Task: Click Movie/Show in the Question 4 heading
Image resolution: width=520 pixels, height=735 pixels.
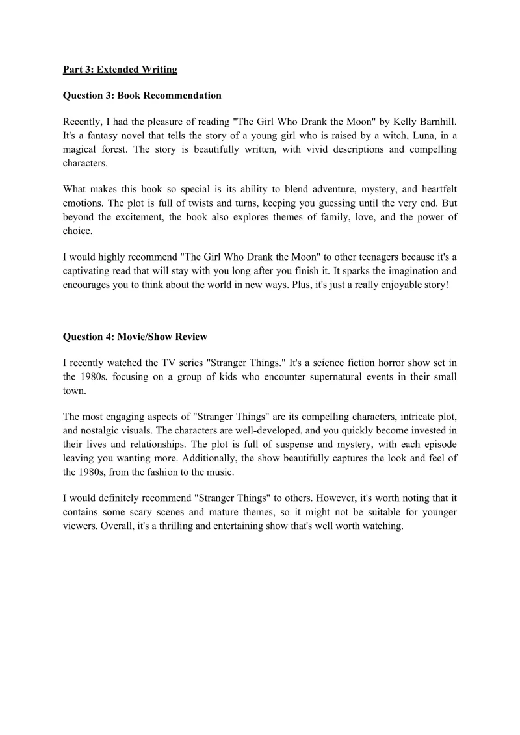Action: [x=138, y=337]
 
